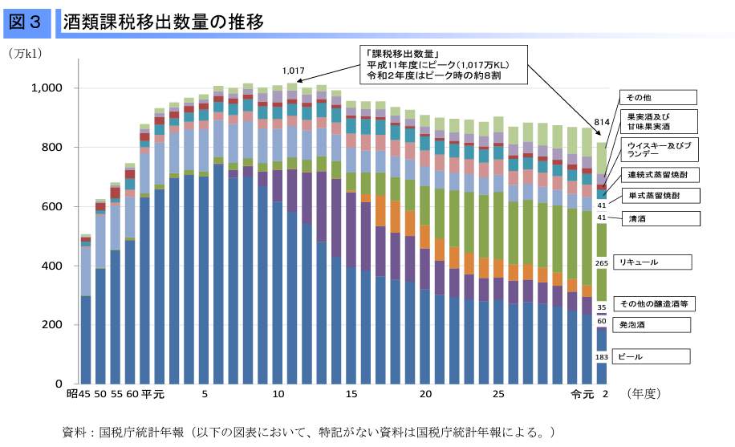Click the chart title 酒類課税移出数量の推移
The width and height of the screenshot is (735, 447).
165,22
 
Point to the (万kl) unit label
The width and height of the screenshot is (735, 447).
25,55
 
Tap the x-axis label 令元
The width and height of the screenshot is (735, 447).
582,395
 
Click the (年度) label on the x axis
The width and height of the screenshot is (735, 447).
644,395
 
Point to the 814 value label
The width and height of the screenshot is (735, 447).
601,121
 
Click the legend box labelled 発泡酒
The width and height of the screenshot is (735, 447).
652,325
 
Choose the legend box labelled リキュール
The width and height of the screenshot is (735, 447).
652,262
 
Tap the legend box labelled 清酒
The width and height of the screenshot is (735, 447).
652,218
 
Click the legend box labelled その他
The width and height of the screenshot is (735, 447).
652,98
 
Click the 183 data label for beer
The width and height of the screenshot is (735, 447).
601,356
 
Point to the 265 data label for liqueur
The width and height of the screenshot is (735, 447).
601,262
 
